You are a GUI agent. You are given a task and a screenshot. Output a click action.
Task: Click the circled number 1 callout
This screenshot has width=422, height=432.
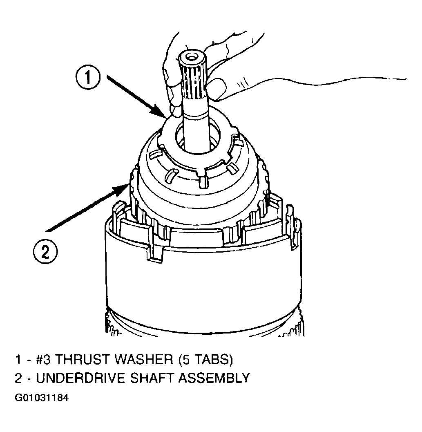pos(88,77)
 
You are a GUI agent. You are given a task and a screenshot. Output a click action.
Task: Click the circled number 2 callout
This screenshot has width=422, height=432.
pos(45,251)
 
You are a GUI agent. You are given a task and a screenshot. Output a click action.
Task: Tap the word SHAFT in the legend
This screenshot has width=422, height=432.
pos(152,378)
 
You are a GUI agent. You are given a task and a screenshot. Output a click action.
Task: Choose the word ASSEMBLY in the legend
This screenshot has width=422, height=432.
pos(214,378)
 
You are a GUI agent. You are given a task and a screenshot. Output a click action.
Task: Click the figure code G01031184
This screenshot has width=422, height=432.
pos(42,398)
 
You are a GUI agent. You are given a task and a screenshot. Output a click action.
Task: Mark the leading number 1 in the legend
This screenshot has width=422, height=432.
pos(18,360)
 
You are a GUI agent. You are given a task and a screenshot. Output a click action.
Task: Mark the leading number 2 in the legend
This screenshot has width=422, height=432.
pos(18,378)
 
